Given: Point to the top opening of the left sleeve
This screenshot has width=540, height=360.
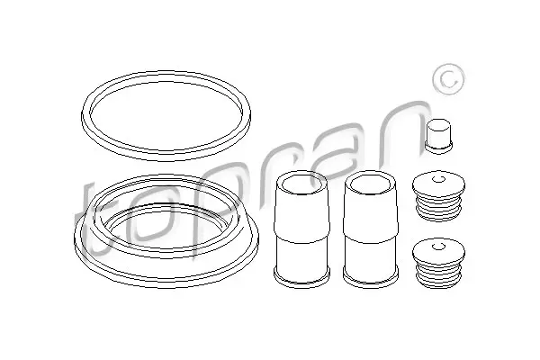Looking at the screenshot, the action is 301,183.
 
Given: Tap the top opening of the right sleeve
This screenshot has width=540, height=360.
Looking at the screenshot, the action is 371,183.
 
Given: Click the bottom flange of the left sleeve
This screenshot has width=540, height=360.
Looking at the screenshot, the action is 301,277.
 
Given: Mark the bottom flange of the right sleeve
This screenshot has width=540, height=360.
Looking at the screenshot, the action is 371,277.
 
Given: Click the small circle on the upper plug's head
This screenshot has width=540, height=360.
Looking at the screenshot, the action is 438,179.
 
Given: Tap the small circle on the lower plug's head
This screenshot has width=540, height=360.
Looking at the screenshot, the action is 438,247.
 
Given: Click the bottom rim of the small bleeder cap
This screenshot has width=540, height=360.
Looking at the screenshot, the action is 439,148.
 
